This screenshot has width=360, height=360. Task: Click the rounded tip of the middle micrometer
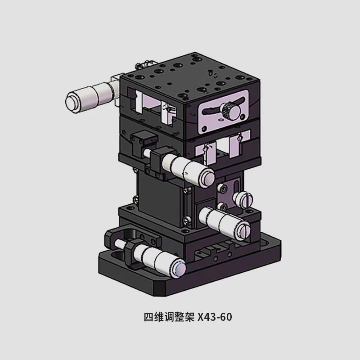pyautogui.click(x=207, y=176)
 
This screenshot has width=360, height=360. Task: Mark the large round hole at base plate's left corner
pyautogui.click(x=114, y=257)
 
